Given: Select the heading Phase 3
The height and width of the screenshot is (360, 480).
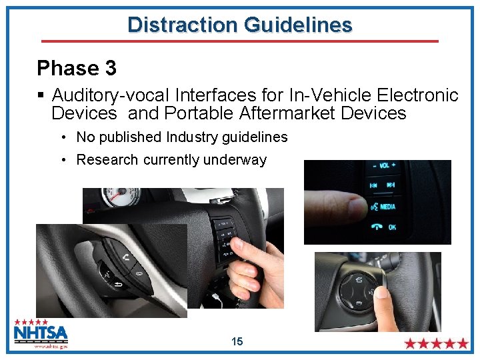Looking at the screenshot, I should (x=77, y=68).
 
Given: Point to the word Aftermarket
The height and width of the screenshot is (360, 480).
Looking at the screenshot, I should (x=285, y=113).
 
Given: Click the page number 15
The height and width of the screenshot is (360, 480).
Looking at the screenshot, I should (x=237, y=342).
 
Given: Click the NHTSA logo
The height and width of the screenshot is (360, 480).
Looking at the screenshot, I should (x=41, y=333).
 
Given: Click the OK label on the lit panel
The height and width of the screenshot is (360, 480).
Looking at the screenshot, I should (x=391, y=227).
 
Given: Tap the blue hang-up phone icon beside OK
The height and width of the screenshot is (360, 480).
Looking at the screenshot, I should (x=377, y=227).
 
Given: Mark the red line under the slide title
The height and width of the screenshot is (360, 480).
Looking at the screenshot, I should (x=240, y=41).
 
